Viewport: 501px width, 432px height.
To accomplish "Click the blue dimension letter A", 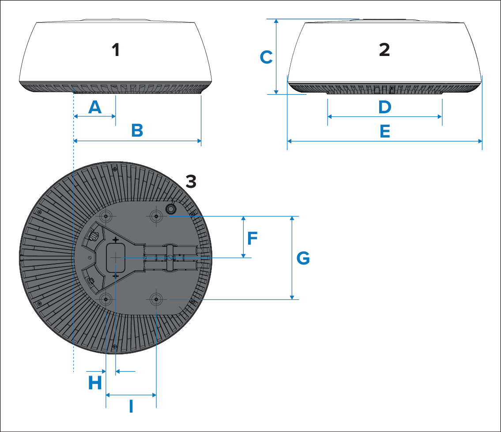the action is [95, 107].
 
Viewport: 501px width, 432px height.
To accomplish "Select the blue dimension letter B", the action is [137, 130].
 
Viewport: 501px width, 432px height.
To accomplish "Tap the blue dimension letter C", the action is [266, 57].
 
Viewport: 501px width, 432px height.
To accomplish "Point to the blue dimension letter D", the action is [385, 107].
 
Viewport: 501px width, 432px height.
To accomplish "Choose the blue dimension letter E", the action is [385, 131].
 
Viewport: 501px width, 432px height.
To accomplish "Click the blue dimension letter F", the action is [252, 238].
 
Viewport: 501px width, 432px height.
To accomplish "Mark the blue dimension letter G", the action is [303, 258].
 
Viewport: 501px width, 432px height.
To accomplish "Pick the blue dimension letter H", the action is [95, 383].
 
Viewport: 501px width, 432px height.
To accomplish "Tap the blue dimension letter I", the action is [131, 406].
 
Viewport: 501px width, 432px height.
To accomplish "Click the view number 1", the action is [116, 50].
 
